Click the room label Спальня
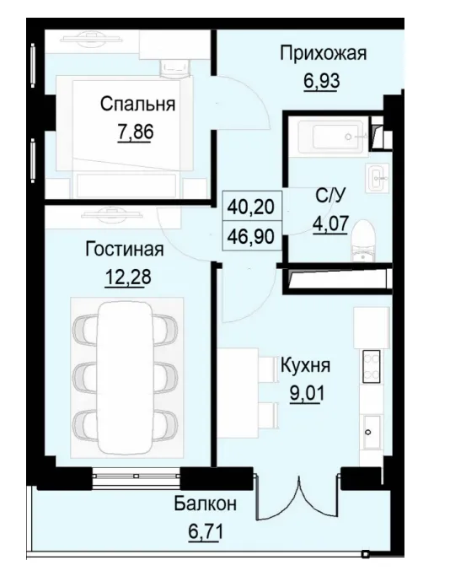[x=137, y=105]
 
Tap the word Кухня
[x=305, y=366]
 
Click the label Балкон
[x=206, y=504]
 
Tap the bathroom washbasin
[x=377, y=177]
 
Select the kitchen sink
[x=371, y=430]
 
